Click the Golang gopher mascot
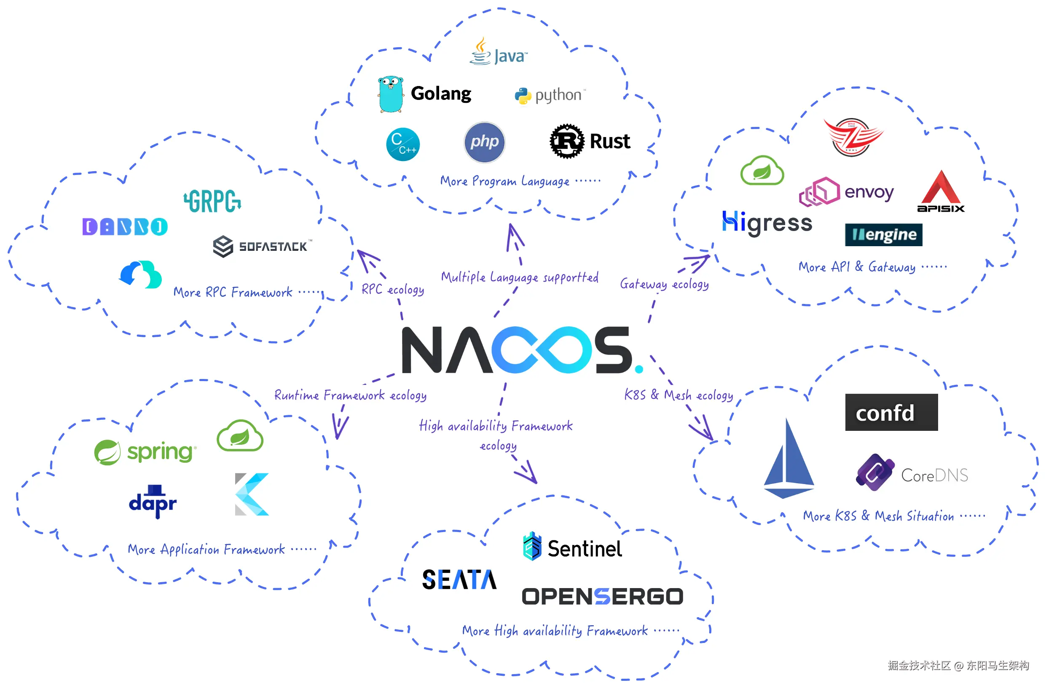pos(390,94)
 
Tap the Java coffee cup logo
pos(480,52)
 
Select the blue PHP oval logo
pos(484,142)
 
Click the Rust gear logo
pos(566,141)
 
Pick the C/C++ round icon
pos(402,144)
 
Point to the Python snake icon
pos(523,96)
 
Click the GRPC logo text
pos(212,202)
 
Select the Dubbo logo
pos(125,227)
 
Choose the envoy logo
pos(846,192)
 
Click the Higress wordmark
pos(767,223)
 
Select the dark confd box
pos(891,412)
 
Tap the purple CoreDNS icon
pos(874,472)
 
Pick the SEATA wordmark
pos(459,579)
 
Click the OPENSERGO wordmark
pos(602,597)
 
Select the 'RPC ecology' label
pos(392,289)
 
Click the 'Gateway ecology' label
pos(664,284)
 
